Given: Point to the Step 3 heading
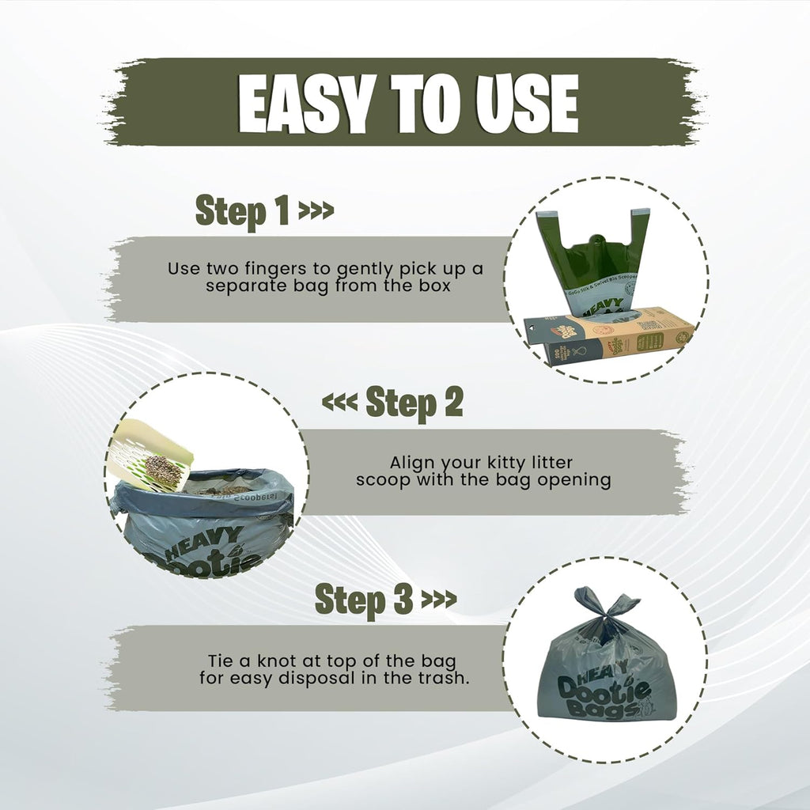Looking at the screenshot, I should point(363,599).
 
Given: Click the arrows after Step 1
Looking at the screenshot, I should point(316,212).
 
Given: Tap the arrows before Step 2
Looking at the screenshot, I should point(340,403).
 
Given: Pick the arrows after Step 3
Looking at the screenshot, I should point(438,599).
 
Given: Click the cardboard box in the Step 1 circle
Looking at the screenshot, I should point(609,337).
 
